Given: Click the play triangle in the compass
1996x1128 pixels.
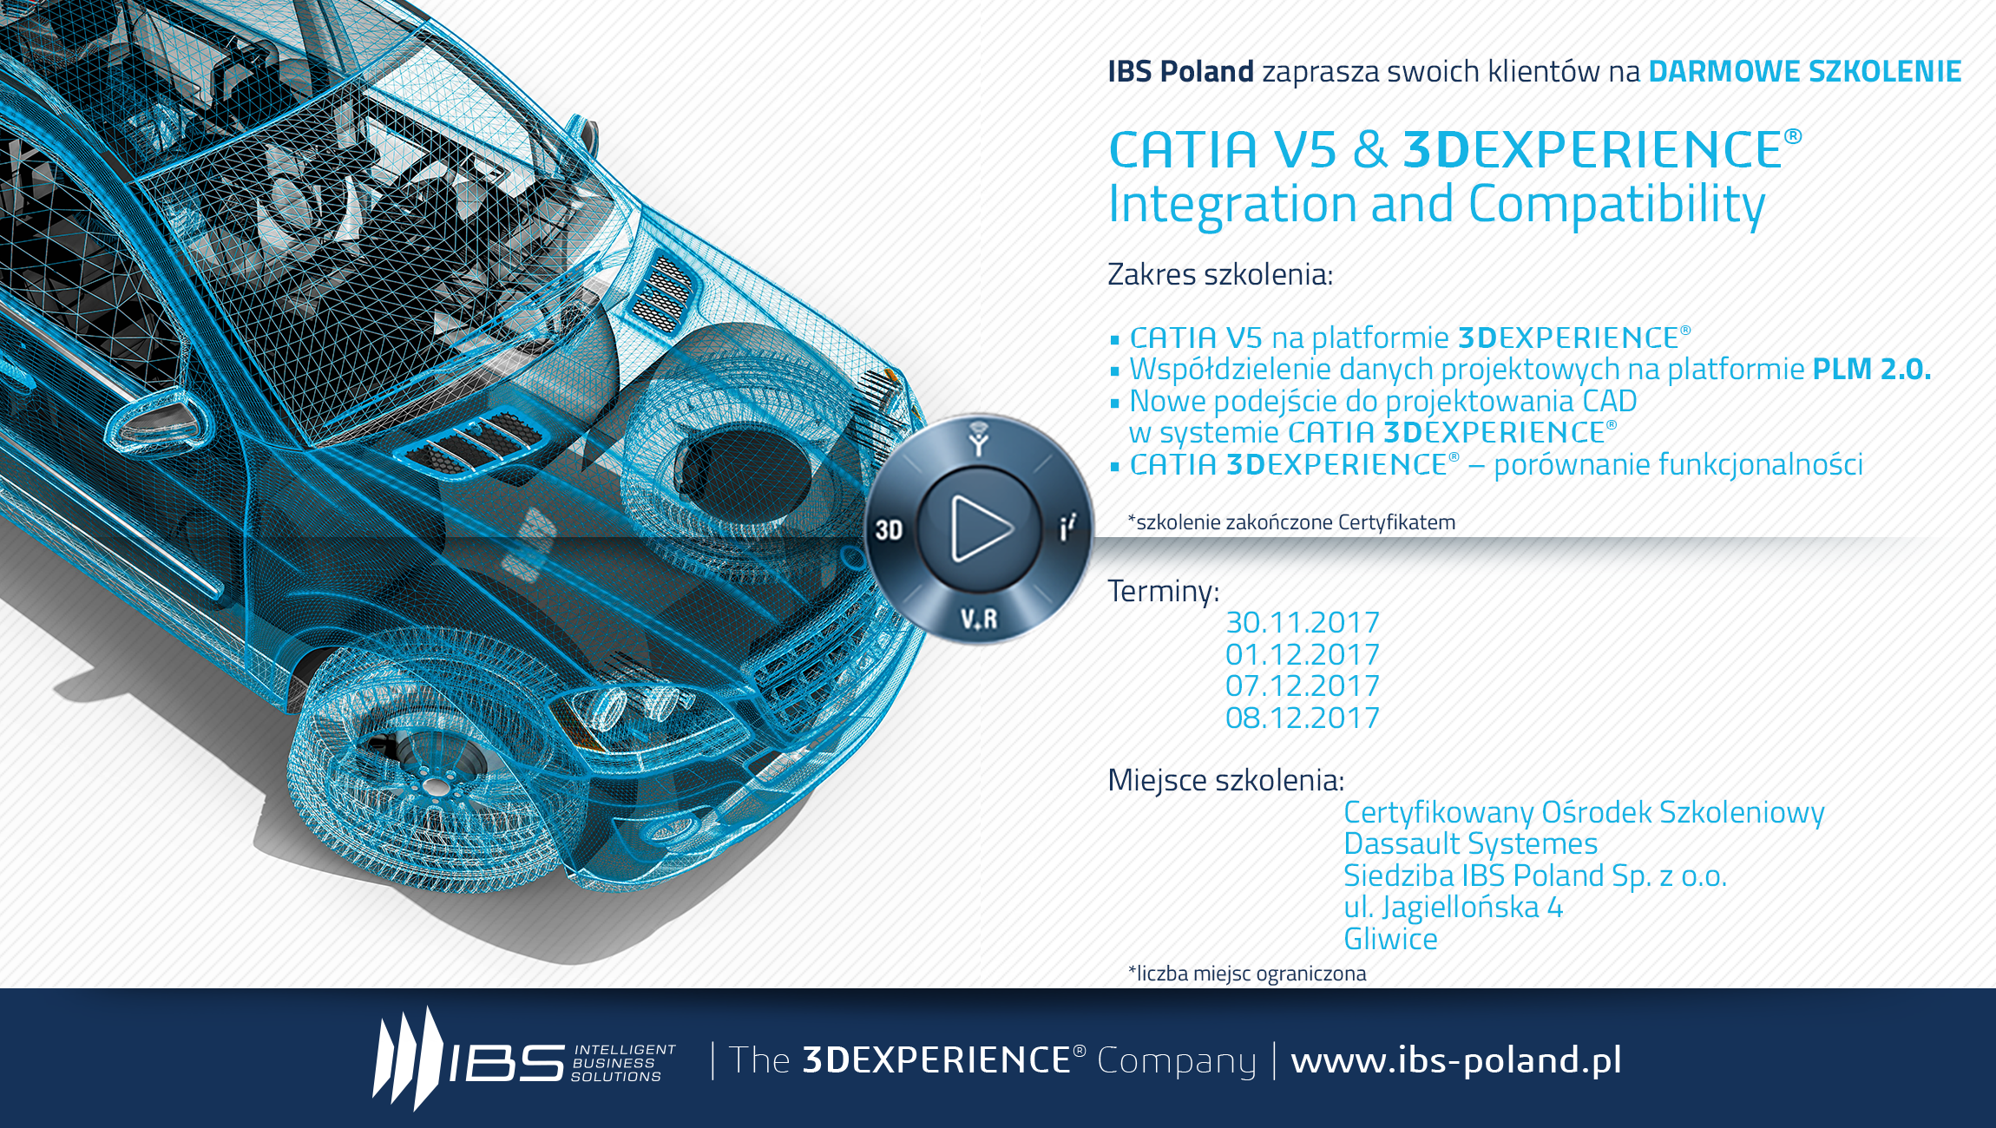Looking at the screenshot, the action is click(x=981, y=528).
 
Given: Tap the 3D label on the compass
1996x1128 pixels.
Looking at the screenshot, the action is click(x=889, y=529).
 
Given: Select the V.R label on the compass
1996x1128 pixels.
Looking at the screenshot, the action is click(x=979, y=619).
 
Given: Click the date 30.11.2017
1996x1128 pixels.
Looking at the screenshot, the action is click(x=1302, y=622).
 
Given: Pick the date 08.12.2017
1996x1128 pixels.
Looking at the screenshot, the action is click(x=1302, y=718).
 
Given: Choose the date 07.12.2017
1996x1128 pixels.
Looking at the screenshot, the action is click(x=1302, y=685).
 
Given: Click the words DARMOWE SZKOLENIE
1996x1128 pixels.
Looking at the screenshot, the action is click(x=1805, y=71).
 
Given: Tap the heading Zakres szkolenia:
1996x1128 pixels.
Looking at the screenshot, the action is click(x=1220, y=274).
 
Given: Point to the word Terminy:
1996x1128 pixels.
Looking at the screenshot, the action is click(x=1164, y=591).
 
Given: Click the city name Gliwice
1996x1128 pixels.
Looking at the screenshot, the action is click(x=1390, y=939).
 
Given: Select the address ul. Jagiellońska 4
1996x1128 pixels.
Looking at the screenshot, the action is click(x=1454, y=908).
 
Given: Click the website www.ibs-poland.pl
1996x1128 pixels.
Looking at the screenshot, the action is click(x=1456, y=1060).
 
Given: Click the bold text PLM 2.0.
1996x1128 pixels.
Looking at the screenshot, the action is click(x=1872, y=369).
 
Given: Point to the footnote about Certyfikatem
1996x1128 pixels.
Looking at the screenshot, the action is click(x=1291, y=522).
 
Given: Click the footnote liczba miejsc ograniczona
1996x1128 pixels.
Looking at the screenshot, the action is click(x=1247, y=974).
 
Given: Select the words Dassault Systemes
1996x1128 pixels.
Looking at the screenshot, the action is click(x=1471, y=843).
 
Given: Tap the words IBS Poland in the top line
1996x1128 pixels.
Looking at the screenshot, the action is click(x=1181, y=71).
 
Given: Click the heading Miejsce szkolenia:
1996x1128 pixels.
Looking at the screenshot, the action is click(x=1226, y=780).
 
